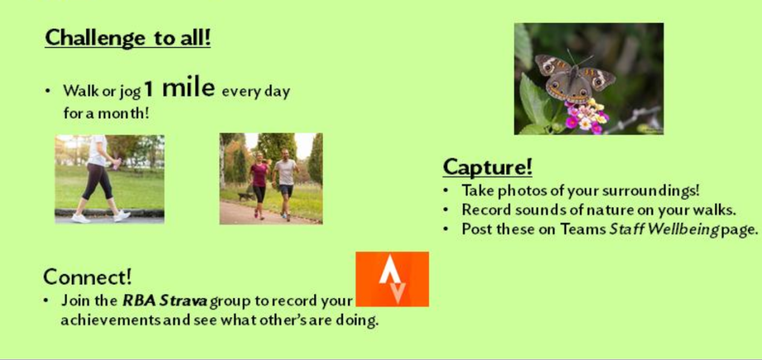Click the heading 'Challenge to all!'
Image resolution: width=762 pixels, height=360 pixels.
coord(128,38)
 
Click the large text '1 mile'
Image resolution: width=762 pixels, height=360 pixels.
coord(180,89)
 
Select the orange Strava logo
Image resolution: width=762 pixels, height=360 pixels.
coord(392,279)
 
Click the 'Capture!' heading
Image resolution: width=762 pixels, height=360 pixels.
coord(487,166)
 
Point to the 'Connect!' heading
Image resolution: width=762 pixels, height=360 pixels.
coord(87,277)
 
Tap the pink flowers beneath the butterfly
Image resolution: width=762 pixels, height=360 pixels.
coord(584,116)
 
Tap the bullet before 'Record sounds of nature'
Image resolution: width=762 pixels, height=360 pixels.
coord(446,210)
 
